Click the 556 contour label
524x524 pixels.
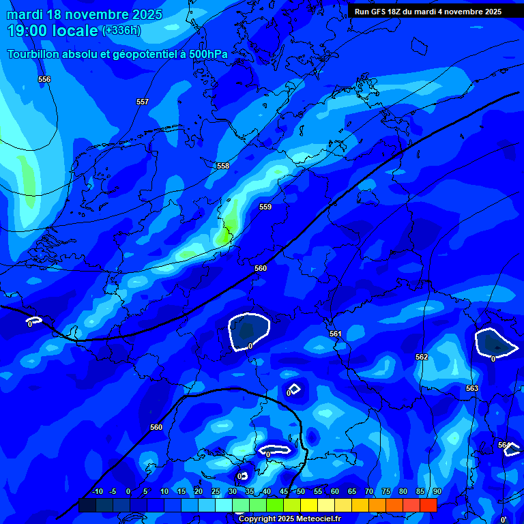tap(44, 80)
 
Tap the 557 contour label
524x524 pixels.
tap(142, 102)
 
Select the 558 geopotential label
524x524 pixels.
tap(223, 166)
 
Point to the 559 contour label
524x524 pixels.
tap(265, 207)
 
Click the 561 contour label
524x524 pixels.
tap(335, 334)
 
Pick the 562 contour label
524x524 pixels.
tap(422, 357)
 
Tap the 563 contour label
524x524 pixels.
tap(472, 388)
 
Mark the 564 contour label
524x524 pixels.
tap(504, 445)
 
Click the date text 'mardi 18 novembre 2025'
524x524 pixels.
tap(85, 14)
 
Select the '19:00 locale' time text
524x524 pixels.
tap(53, 31)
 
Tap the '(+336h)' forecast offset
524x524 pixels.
tap(121, 31)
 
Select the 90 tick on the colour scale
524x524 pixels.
tap(437, 491)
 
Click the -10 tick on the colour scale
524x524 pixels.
tap(97, 491)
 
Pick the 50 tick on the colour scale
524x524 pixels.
tap(301, 491)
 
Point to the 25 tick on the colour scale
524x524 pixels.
tap(216, 491)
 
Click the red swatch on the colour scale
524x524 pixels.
tap(428, 505)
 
